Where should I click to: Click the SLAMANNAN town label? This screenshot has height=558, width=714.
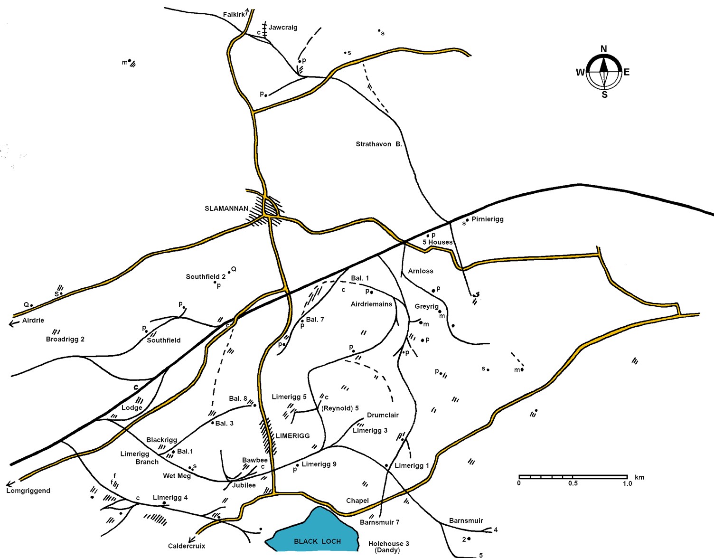pyautogui.click(x=226, y=208)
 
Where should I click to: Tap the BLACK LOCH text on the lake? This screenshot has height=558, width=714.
pyautogui.click(x=318, y=541)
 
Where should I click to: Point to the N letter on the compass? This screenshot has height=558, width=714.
pyautogui.click(x=604, y=49)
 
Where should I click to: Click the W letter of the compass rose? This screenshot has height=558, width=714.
pyautogui.click(x=580, y=73)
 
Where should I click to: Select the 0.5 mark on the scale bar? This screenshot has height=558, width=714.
pyautogui.click(x=573, y=483)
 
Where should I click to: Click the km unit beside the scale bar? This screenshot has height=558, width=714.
pyautogui.click(x=639, y=477)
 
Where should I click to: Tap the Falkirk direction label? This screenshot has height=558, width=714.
pyautogui.click(x=234, y=15)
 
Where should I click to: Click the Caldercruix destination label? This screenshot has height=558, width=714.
pyautogui.click(x=187, y=546)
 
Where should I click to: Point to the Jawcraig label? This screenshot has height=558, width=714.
pyautogui.click(x=283, y=28)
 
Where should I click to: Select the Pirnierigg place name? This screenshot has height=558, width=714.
pyautogui.click(x=488, y=219)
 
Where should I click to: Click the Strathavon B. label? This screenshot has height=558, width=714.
pyautogui.click(x=379, y=144)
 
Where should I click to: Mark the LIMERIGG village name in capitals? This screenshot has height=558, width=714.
pyautogui.click(x=292, y=435)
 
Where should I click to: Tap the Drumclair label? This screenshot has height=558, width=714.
pyautogui.click(x=383, y=415)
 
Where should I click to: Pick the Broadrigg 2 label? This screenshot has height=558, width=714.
pyautogui.click(x=65, y=339)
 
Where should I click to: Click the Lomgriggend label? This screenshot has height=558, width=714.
pyautogui.click(x=28, y=491)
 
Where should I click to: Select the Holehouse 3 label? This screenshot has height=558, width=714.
pyautogui.click(x=388, y=544)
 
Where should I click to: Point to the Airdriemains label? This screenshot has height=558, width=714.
pyautogui.click(x=372, y=304)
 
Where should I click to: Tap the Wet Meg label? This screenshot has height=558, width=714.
pyautogui.click(x=177, y=476)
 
